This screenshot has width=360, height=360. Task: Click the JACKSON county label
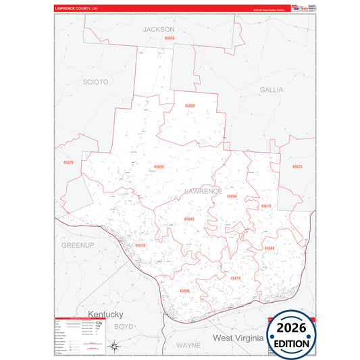click(159, 30)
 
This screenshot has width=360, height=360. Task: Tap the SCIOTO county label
click(95, 82)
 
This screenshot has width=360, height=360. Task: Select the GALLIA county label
click(272, 89)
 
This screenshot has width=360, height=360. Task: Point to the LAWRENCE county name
click(203, 191)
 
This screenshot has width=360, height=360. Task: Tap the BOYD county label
click(124, 326)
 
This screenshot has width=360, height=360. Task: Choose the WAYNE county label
click(188, 344)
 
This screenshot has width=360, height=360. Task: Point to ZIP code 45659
click(159, 167)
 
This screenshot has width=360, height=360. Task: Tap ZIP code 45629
click(68, 163)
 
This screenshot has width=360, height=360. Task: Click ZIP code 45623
click(297, 167)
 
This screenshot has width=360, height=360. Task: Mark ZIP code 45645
click(188, 220)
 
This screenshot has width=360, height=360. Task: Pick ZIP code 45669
click(269, 249)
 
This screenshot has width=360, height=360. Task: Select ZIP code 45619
click(235, 278)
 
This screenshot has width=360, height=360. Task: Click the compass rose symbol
click(115, 347)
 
